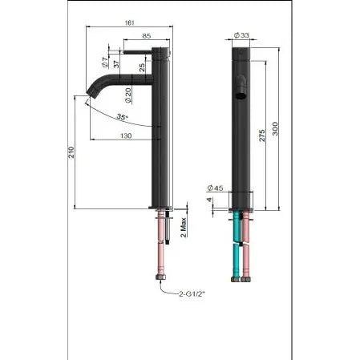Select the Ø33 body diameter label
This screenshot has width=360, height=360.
(241, 35)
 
